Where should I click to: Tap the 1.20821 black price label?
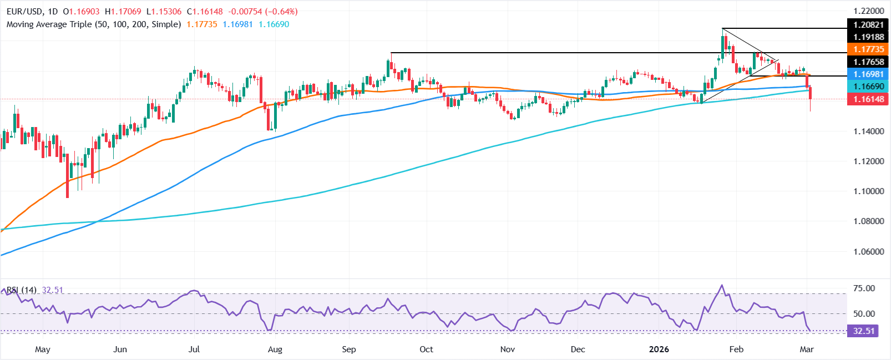point(868,25)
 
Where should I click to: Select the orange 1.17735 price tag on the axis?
point(868,49)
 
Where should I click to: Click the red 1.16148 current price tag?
point(868,99)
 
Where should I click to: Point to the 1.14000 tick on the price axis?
point(868,131)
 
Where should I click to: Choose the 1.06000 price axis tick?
point(868,251)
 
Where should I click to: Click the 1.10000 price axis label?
point(868,191)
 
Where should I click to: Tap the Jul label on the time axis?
point(194,349)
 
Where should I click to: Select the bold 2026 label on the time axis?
point(659,349)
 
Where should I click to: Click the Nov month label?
point(508,349)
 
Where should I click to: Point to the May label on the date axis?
point(43,349)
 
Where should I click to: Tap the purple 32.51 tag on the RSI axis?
point(863,331)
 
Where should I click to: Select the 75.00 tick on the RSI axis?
point(864,288)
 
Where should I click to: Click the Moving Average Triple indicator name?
point(94,24)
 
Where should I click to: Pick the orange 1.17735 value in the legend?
point(202,24)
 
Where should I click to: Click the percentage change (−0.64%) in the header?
point(282,11)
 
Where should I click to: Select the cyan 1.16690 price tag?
point(868,87)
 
